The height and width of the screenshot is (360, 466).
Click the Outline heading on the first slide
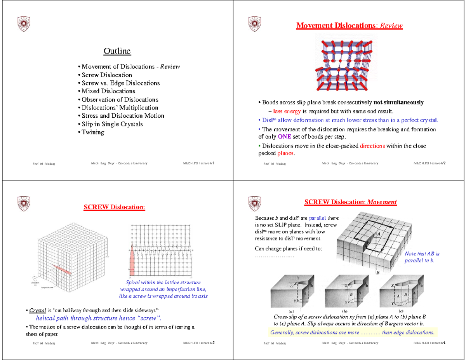tap(117, 51)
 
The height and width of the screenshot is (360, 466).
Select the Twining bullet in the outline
tap(92, 132)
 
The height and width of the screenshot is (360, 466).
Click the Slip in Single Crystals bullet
tap(111, 124)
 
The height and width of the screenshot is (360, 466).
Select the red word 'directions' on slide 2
tap(372, 146)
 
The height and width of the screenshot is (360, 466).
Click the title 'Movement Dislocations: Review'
tap(349, 26)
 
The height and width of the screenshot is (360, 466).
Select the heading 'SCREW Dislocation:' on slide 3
tap(115, 207)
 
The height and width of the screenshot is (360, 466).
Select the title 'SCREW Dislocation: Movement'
tap(350, 202)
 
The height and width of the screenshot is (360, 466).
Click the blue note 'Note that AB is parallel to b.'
tap(422, 257)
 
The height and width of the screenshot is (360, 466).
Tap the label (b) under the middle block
tap(344, 311)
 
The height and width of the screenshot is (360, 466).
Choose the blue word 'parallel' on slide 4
tap(318, 218)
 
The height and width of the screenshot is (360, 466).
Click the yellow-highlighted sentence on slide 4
tap(352, 332)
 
